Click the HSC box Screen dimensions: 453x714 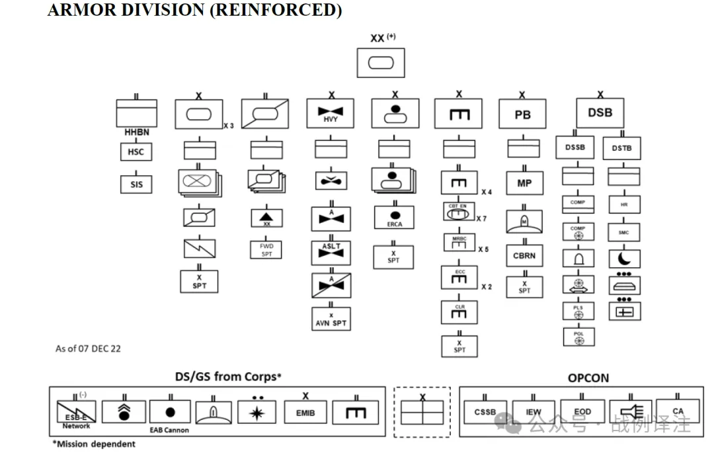coord(136,152)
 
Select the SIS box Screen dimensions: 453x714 coord(136,184)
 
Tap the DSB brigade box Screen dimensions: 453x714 coord(600,113)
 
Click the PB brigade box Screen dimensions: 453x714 coord(522,114)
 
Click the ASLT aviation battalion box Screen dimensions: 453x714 coord(331,253)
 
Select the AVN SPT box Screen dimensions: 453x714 coord(331,319)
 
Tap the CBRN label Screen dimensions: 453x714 coord(524,255)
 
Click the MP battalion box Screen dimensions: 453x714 coord(524,183)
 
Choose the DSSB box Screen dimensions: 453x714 coord(575,147)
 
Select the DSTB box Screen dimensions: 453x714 coord(621,148)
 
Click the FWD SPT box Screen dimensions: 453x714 coord(266,250)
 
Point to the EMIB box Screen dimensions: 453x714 coord(305,413)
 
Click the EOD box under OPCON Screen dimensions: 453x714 coord(582,411)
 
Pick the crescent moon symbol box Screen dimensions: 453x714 coord(624,259)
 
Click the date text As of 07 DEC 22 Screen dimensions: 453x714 coord(88,349)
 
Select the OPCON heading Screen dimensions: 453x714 coord(588,378)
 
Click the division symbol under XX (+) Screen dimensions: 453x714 coord(380,63)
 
